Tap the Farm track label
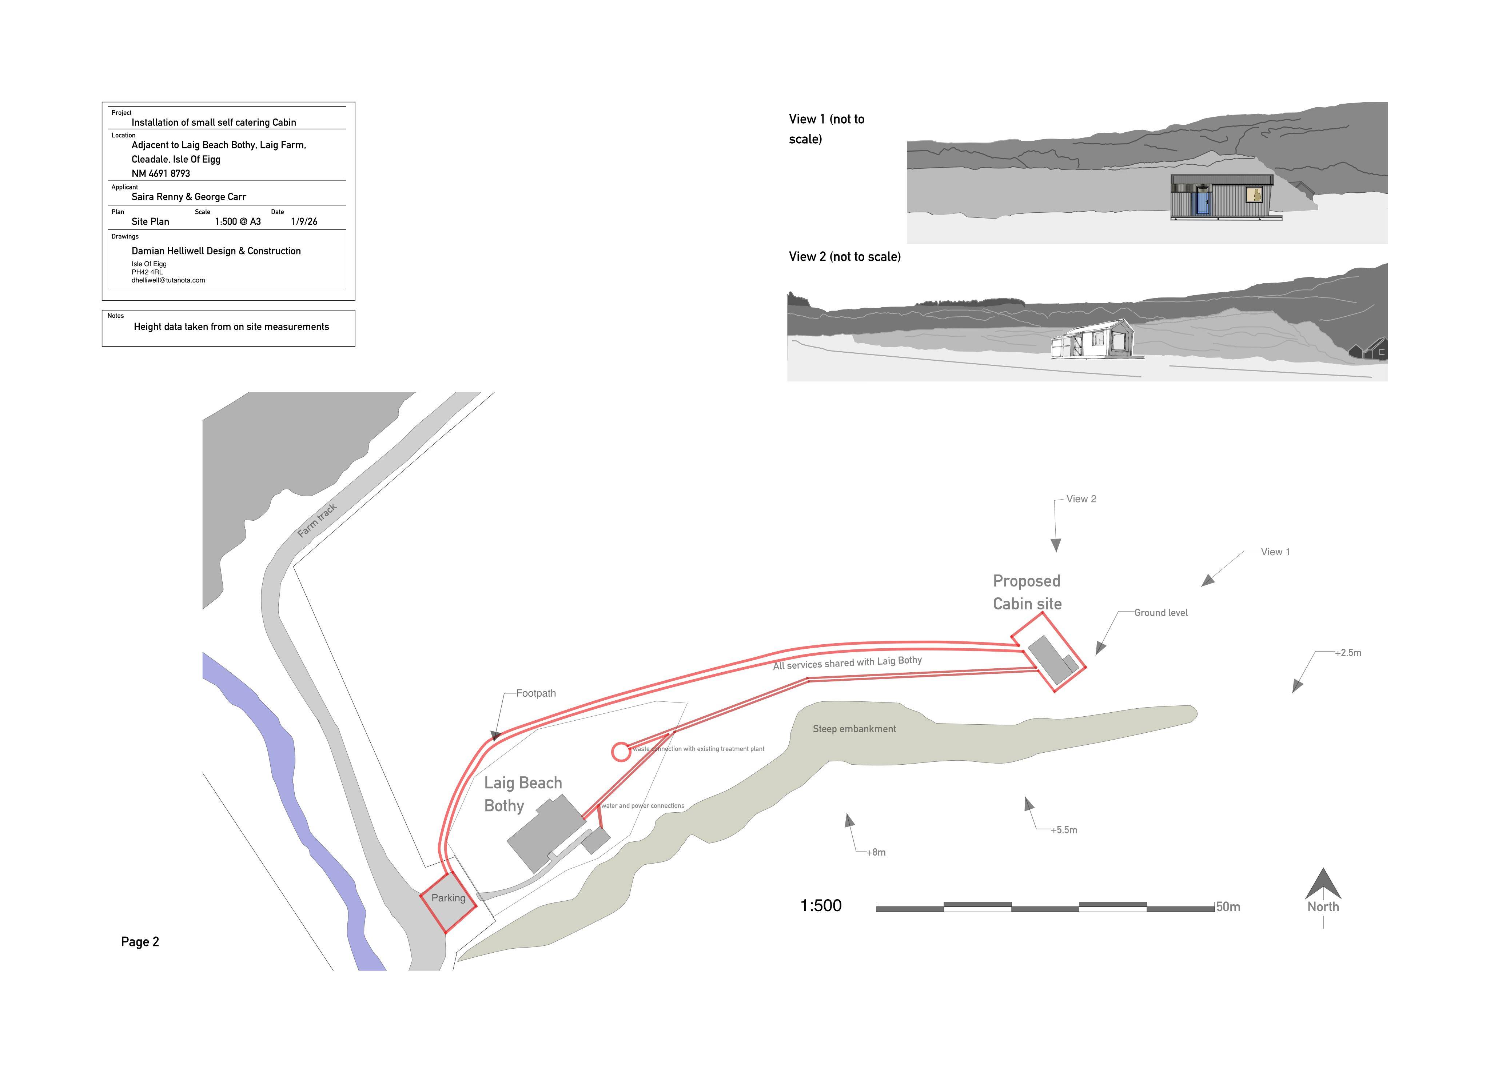pos(317,520)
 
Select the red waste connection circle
pos(621,752)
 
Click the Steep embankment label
pos(854,729)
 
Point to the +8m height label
pos(876,852)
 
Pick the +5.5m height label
pos(1064,830)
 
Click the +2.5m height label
pos(1348,653)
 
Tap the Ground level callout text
pos(1161,613)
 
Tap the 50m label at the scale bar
pos(1228,907)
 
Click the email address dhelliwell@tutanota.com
pos(168,280)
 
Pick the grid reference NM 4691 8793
pos(161,173)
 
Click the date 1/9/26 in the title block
pos(304,221)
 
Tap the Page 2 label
pos(140,942)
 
